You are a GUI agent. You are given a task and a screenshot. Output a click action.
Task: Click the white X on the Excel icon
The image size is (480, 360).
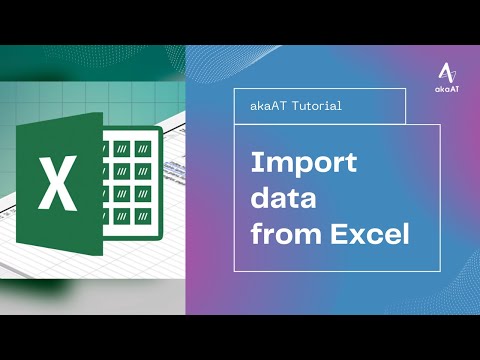tap(56, 183)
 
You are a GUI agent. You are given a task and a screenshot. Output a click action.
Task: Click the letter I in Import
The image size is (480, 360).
tap(253, 163)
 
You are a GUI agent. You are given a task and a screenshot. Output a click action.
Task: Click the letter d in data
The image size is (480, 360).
tap(258, 199)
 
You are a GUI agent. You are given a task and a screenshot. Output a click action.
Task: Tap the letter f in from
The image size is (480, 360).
tap(255, 235)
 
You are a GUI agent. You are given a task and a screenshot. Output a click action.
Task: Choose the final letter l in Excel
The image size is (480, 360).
tap(405, 235)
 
